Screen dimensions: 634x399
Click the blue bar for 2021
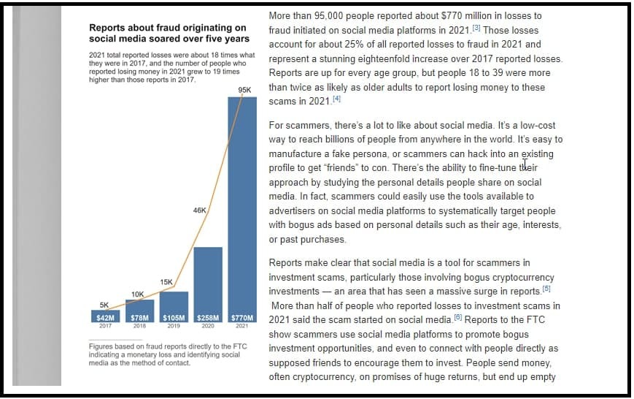[242, 210]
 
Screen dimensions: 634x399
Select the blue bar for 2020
[208, 285]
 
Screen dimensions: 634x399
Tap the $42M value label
[105, 318]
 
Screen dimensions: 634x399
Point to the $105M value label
[174, 318]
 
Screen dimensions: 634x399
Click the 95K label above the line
[244, 90]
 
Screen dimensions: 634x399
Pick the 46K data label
[199, 210]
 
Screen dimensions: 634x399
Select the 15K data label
[166, 282]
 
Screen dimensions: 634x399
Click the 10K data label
[137, 294]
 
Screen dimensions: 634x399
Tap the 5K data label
[104, 305]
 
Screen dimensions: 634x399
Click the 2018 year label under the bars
[139, 326]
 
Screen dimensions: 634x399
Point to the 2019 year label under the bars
[174, 326]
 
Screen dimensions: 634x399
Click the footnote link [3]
[476, 28]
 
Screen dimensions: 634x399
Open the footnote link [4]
[336, 99]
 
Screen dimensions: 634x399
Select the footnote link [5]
[546, 289]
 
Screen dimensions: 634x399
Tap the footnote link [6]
[457, 317]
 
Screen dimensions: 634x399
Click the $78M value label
[139, 318]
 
